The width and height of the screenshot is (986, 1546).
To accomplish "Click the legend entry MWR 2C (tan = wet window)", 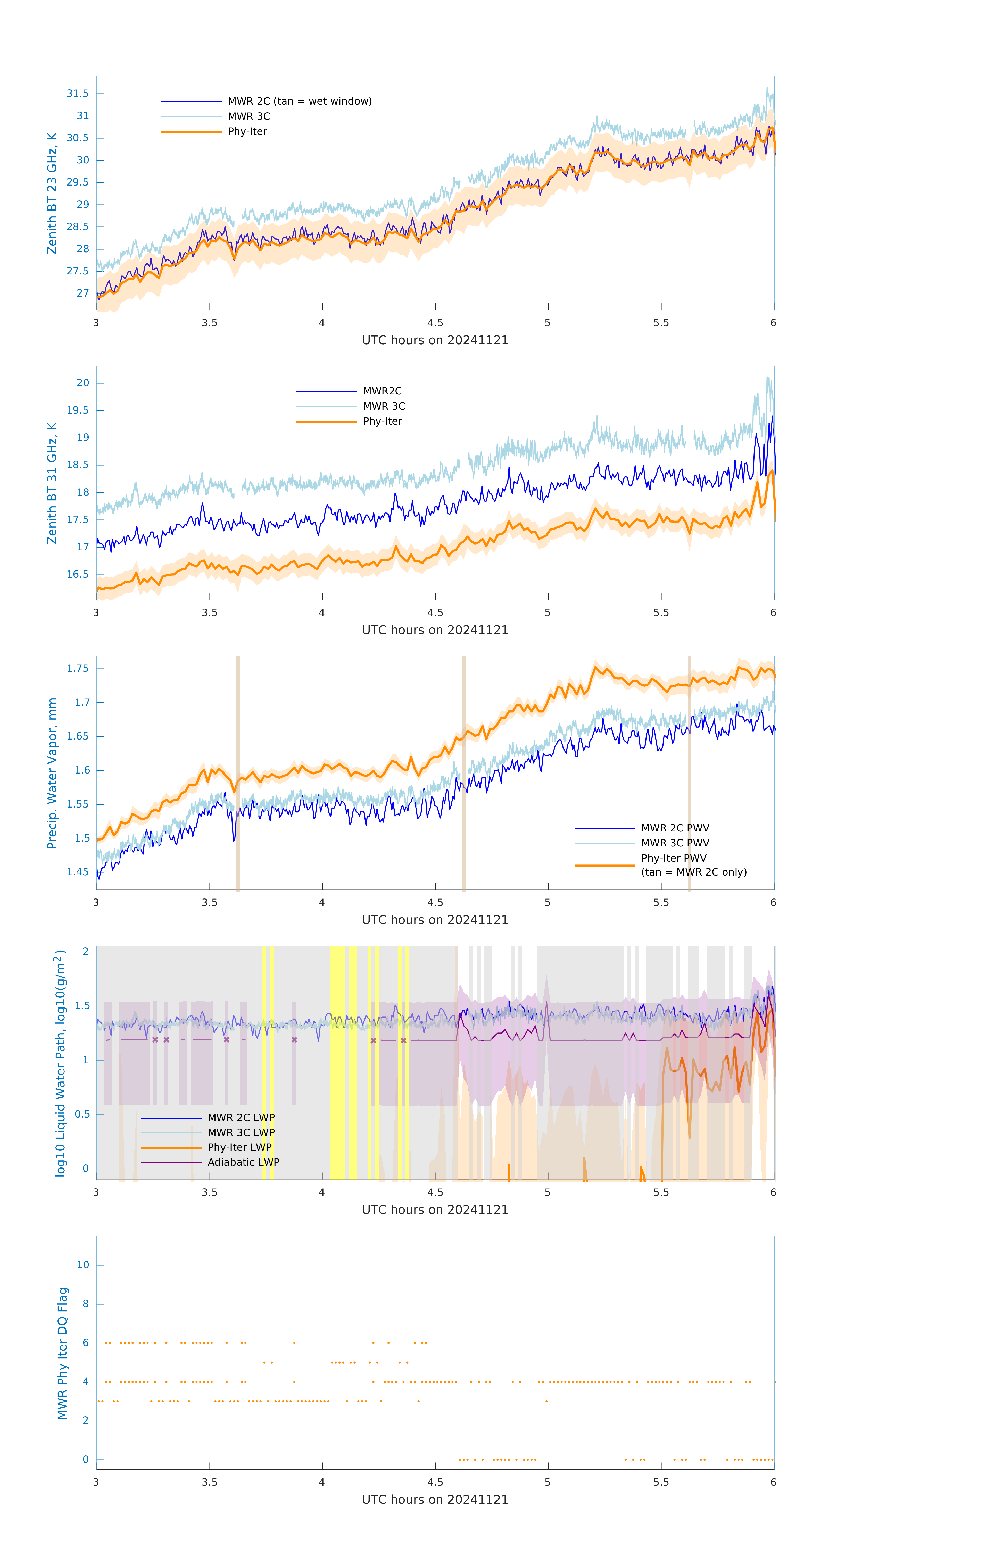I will tap(299, 102).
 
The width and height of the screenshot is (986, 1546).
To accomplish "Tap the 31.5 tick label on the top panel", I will tap(78, 94).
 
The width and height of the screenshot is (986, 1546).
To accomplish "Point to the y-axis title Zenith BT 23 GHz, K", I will tap(52, 193).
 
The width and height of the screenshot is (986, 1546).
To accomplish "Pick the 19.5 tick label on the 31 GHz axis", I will tap(78, 410).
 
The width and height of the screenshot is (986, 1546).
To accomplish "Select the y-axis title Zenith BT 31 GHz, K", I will tap(52, 483).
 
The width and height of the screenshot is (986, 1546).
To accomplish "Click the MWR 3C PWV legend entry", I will tap(674, 843).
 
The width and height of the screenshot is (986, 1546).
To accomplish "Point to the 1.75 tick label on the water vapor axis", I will tap(78, 668).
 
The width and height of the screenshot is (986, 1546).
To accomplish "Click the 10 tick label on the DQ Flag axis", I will tap(83, 1265).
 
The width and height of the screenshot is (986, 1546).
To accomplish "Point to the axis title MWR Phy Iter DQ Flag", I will tap(62, 1353).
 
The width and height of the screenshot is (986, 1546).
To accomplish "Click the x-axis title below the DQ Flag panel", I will tap(435, 1500).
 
